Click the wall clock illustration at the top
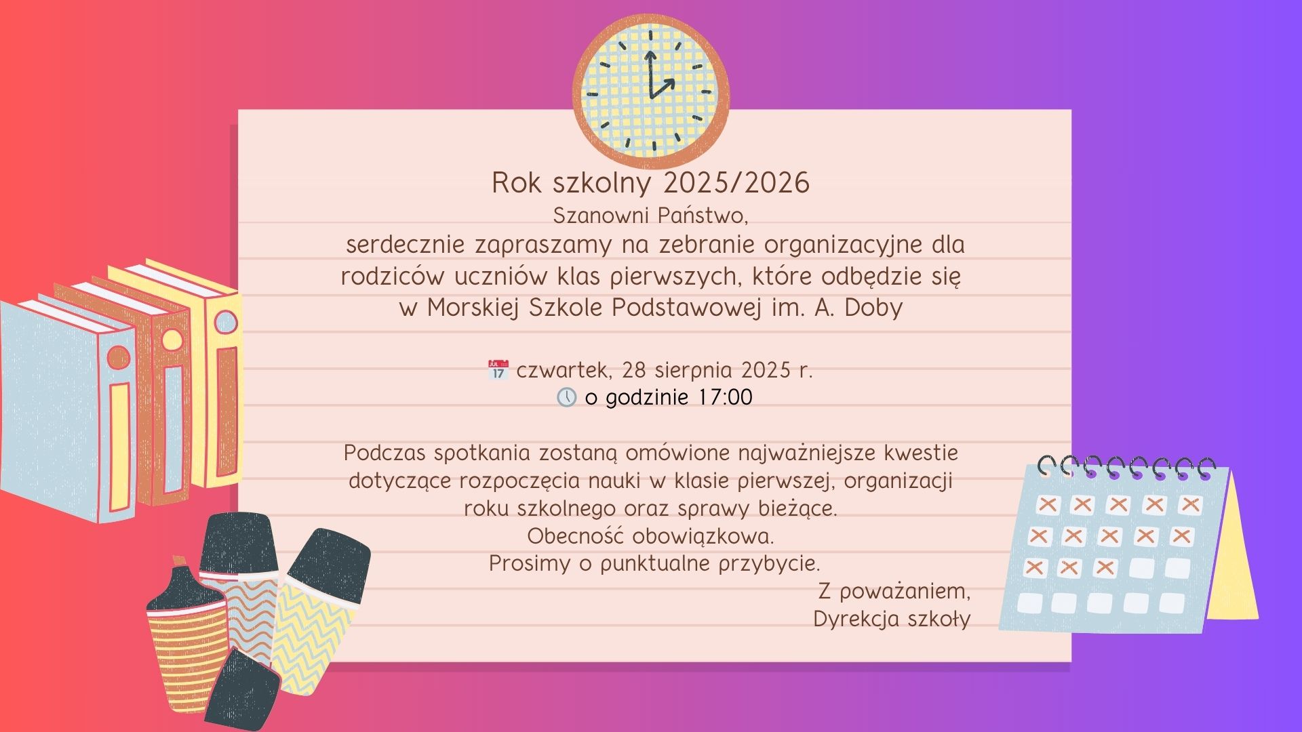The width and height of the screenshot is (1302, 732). tap(651, 91)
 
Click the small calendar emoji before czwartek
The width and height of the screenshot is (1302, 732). tap(498, 370)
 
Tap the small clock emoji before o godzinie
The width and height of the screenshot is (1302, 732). tap(566, 397)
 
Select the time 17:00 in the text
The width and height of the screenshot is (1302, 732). tap(725, 397)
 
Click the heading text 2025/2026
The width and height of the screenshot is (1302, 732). tap(737, 183)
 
